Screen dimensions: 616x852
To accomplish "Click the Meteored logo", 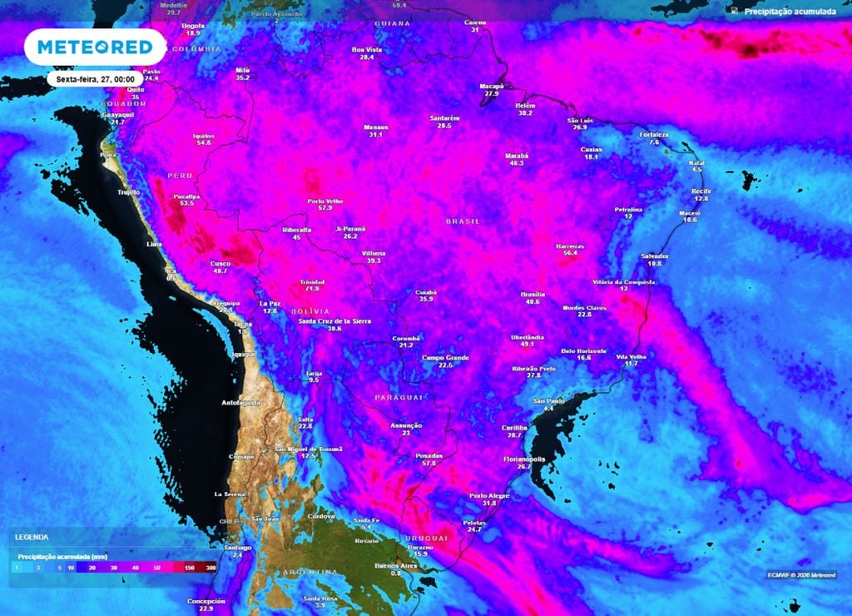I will click(89, 47).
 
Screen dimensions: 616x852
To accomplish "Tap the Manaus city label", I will click(376, 127).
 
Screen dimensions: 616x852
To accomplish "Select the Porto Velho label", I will click(325, 201).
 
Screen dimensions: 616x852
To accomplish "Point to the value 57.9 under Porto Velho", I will click(325, 208).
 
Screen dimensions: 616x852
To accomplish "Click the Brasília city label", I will click(532, 295).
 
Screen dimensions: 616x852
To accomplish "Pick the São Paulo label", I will click(549, 400).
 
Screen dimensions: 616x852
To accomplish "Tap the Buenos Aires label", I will click(395, 566).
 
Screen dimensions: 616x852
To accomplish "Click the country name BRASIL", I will click(463, 221).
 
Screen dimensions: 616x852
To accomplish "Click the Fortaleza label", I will click(654, 135).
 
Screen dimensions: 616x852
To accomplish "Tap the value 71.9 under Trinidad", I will click(313, 289).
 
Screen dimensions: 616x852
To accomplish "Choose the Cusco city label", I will click(220, 264).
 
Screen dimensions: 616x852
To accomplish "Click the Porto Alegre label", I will click(489, 495).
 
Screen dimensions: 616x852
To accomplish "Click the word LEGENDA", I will click(32, 538).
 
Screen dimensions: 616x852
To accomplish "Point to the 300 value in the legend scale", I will click(211, 567).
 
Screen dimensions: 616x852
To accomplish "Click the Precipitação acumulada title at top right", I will click(790, 11).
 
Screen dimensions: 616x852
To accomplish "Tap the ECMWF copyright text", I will click(801, 574).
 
